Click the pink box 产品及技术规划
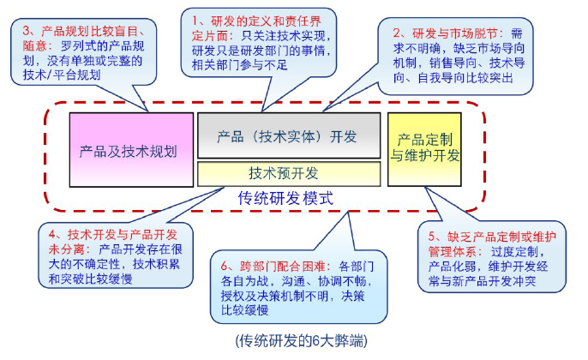pos(132,150)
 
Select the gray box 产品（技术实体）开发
pos(289,135)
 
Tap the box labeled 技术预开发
pos(289,174)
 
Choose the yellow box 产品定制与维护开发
pos(424,149)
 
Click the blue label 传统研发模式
pos(285,198)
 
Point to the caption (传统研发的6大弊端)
pos(302,341)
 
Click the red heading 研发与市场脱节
pos(455,33)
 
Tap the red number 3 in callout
pos(26,31)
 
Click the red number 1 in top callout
pos(195,21)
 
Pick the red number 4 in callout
pos(52,235)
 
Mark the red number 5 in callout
pos(432,237)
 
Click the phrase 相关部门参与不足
pos(240,65)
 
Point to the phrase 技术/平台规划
pos(62,75)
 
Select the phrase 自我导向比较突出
pos(465,78)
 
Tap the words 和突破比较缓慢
pos(90,279)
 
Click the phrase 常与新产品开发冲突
pos(483,281)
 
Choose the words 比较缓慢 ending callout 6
pos(244,310)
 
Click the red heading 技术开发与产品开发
pos(123,235)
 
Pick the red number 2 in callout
pos(397,33)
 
